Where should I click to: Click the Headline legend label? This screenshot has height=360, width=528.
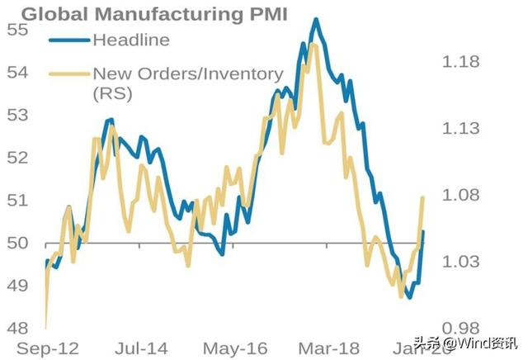click(x=131, y=40)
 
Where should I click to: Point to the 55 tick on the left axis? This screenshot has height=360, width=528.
click(x=17, y=30)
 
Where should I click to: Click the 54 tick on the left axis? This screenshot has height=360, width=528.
click(x=17, y=72)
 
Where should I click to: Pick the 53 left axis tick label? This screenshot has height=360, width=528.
click(x=17, y=115)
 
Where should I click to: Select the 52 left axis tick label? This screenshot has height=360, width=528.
click(x=17, y=157)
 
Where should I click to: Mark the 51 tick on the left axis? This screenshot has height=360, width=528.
click(x=17, y=200)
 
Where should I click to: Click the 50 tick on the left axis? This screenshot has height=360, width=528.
click(x=17, y=243)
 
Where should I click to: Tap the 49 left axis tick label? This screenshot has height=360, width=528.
click(x=17, y=285)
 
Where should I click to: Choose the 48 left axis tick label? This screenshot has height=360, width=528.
click(x=17, y=328)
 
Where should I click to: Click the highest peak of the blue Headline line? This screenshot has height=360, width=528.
click(x=314, y=19)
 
